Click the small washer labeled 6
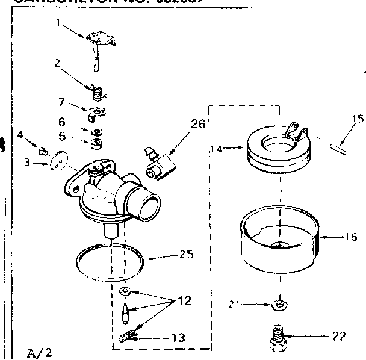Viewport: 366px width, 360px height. coord(96,131)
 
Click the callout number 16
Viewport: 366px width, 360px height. coord(351,237)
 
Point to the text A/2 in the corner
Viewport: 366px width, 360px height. coord(37,350)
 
